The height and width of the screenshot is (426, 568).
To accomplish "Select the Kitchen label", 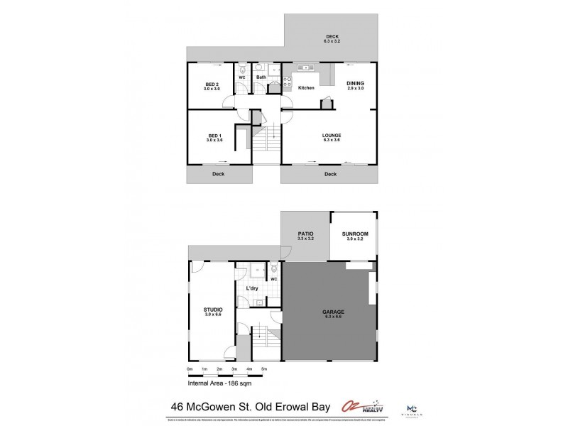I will pyautogui.click(x=306, y=87).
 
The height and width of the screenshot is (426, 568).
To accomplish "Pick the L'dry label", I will pyautogui.click(x=251, y=288).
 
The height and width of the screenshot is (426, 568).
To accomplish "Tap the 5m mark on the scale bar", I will pyautogui.click(x=264, y=370).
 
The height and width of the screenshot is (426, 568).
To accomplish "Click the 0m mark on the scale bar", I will pyautogui.click(x=190, y=370).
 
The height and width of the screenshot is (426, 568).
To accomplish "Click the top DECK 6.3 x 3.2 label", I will pyautogui.click(x=333, y=39).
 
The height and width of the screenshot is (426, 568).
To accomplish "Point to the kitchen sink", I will pyautogui.click(x=308, y=68).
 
